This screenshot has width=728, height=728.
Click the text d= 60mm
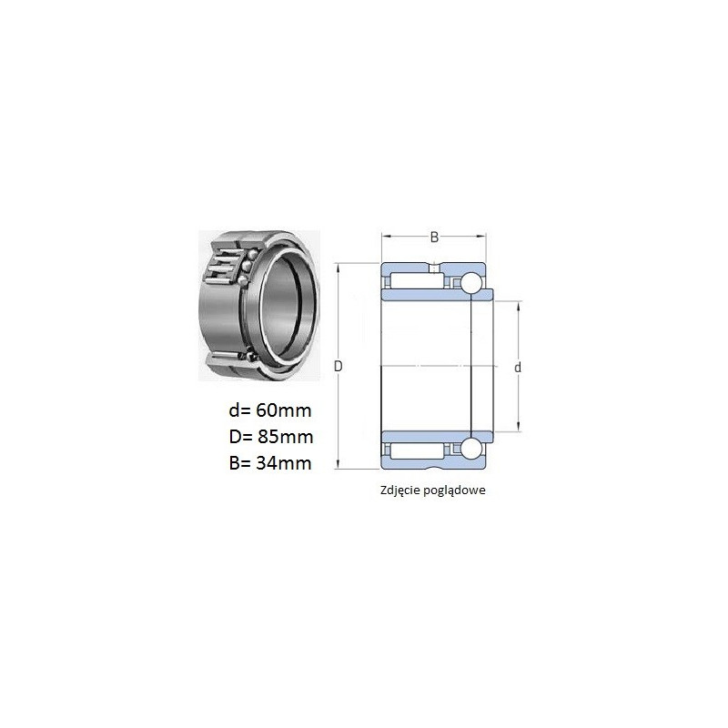point(270,410)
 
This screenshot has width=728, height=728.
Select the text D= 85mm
point(271,437)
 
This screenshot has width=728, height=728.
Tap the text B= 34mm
point(270,463)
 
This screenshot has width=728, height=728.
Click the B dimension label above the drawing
point(434,238)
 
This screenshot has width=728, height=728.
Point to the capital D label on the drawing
point(338,367)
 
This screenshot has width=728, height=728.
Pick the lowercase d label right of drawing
point(518,368)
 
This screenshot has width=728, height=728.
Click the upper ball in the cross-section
point(471,283)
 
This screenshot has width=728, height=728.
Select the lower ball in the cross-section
point(471,449)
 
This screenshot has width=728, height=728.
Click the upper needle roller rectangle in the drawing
point(417,281)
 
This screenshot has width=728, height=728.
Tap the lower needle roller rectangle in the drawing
point(417,450)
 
